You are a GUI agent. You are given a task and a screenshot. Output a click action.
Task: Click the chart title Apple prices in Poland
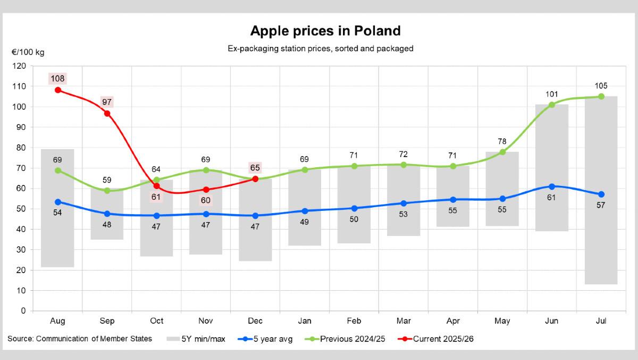[x=325, y=30]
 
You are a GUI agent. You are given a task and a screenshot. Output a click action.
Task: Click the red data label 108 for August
[x=57, y=79]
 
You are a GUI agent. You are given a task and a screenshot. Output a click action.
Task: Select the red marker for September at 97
[x=107, y=113]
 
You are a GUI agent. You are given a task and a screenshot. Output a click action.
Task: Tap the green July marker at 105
[x=601, y=96]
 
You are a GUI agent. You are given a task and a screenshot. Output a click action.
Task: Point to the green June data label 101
[x=552, y=94]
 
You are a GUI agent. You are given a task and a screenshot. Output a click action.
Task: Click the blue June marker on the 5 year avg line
[x=552, y=186]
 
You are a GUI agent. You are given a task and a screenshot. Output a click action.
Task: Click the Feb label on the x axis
[x=354, y=321]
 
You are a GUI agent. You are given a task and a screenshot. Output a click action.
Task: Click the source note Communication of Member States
[x=80, y=339]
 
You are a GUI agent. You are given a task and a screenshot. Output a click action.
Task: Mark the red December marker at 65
[x=255, y=179]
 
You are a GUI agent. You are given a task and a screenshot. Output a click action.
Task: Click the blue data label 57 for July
[x=601, y=205]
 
